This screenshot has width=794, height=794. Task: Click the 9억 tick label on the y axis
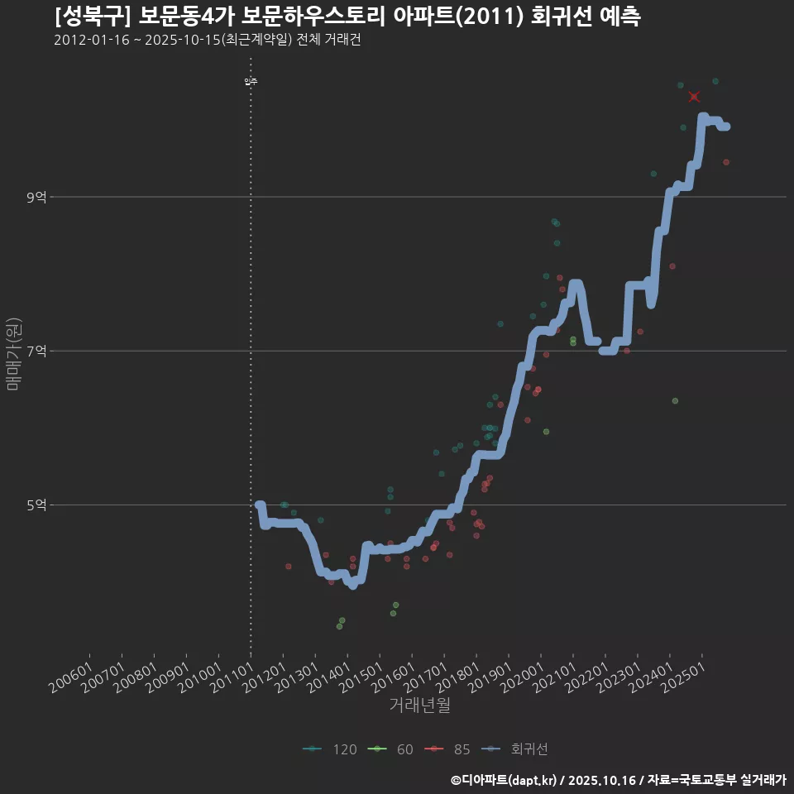(x=36, y=197)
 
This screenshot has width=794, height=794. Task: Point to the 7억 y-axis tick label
(x=36, y=351)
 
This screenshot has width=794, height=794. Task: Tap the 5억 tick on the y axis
(x=36, y=505)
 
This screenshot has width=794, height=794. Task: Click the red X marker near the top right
(x=694, y=97)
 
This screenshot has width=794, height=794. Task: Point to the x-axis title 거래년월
(x=419, y=706)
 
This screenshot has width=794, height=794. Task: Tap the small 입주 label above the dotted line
(x=251, y=81)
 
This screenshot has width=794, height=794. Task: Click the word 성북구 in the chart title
(x=92, y=17)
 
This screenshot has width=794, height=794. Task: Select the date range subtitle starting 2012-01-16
(x=207, y=40)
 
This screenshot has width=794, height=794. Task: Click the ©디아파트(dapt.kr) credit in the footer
(x=505, y=780)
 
